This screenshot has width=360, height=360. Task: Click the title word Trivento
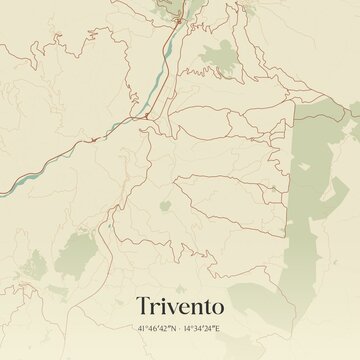click(180, 300)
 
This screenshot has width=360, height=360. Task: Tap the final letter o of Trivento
click(225, 302)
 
